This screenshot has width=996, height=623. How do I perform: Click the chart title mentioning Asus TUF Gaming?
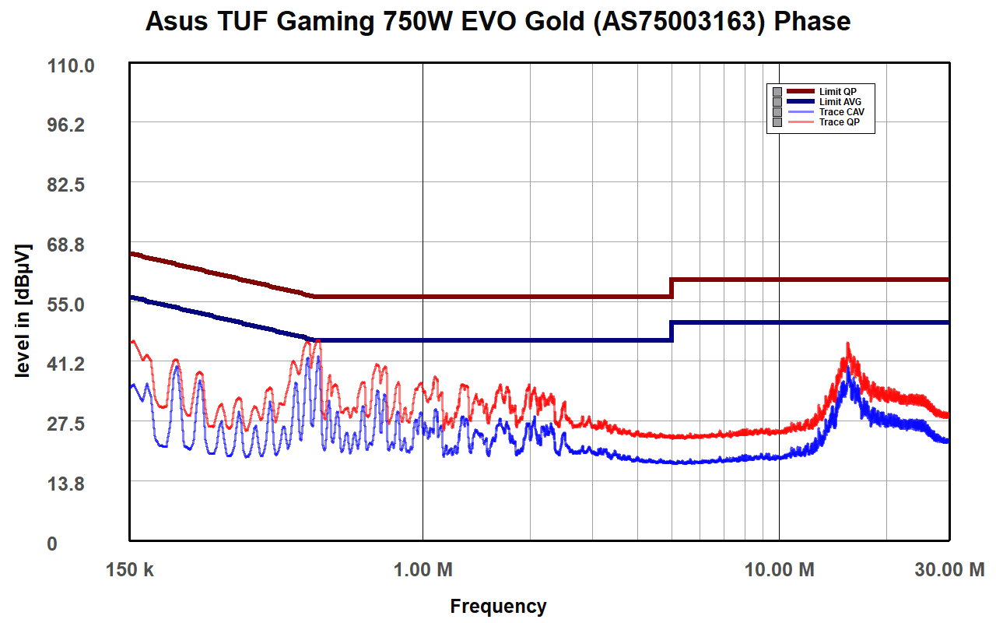498,22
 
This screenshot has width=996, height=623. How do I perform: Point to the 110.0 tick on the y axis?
71,66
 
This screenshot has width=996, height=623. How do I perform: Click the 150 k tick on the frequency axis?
130,570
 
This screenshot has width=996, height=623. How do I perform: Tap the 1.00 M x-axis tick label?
423,570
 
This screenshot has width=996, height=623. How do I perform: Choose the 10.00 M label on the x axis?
779,570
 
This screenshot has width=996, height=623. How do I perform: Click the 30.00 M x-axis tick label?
948,570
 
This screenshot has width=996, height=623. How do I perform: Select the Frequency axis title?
498,606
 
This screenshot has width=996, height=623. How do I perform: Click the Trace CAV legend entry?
841,111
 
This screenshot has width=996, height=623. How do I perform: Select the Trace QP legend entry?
839,121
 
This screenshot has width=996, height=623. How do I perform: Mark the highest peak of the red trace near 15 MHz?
848,343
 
